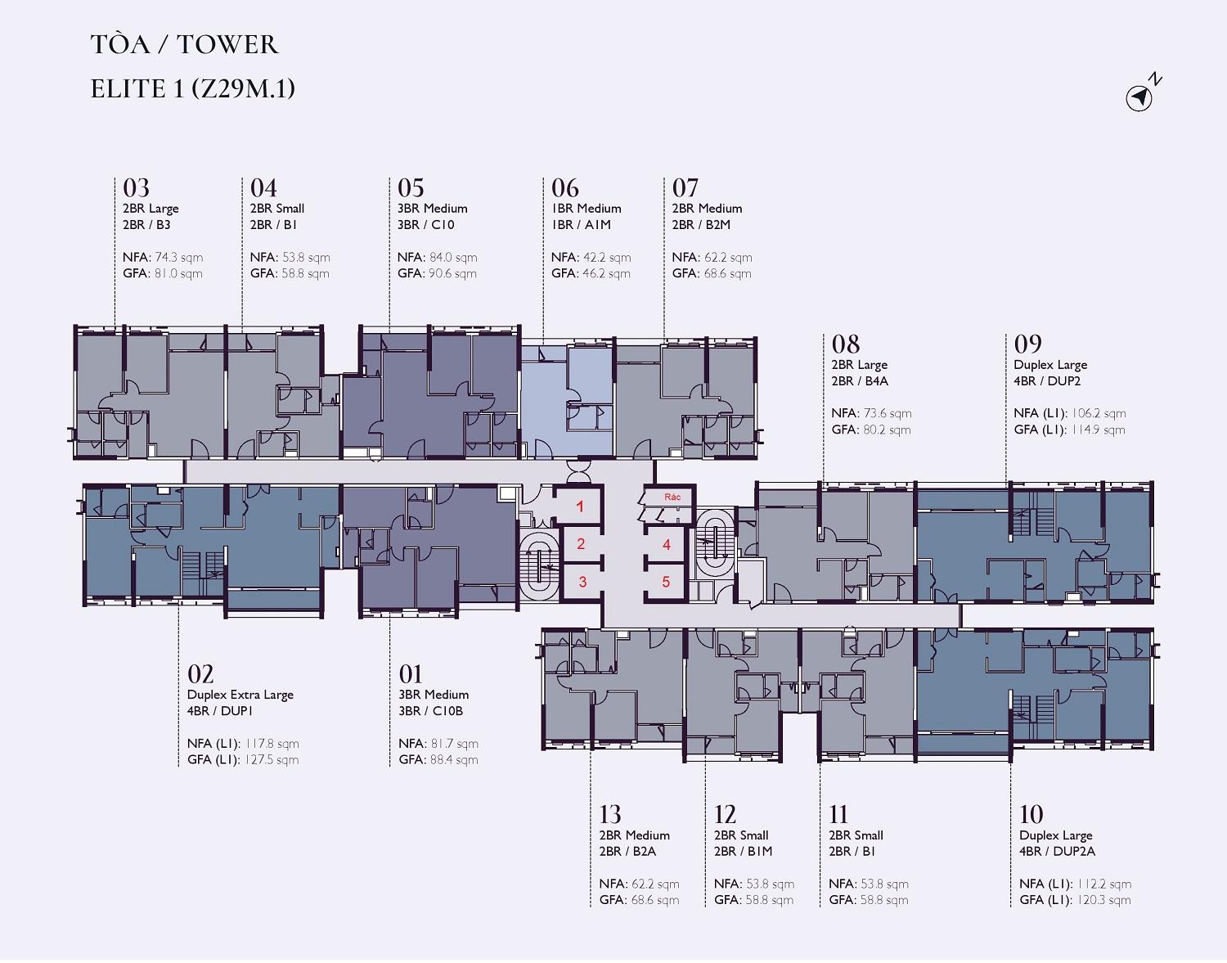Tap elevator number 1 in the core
tap(580, 506)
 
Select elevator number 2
tap(581, 544)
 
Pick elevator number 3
tap(582, 581)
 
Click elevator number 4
tap(667, 544)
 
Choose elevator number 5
tap(667, 582)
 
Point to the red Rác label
tap(672, 497)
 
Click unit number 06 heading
tap(565, 187)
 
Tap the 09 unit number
tap(1027, 344)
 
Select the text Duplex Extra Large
tap(240, 695)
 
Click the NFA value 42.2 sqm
tap(606, 258)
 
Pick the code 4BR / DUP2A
tap(1057, 852)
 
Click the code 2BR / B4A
tap(860, 381)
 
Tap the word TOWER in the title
tap(227, 45)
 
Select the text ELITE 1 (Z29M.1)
tap(192, 89)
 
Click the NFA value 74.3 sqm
tap(179, 258)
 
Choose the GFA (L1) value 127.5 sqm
tap(272, 760)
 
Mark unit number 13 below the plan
tap(610, 814)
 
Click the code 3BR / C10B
tap(431, 711)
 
